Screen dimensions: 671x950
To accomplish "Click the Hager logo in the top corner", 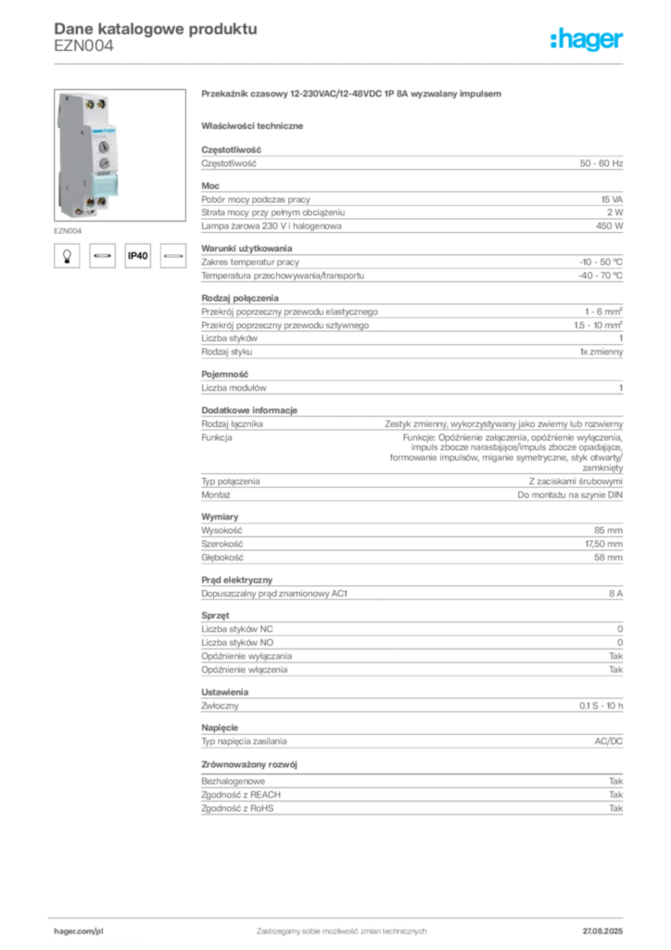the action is (x=586, y=39).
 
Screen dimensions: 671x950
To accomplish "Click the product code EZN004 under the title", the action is (x=83, y=46).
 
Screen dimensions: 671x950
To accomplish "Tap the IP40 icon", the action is (x=137, y=256).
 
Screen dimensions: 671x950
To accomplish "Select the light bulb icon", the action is (x=67, y=256).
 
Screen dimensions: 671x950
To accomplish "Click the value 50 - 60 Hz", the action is (x=601, y=163).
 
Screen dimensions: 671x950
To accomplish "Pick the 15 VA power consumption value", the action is (x=612, y=199).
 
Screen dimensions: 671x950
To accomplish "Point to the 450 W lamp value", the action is (x=609, y=226).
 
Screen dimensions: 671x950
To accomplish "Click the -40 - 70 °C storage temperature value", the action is (x=601, y=276).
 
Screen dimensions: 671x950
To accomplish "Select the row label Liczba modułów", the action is (x=234, y=388).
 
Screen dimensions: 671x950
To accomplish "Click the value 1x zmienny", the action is (x=601, y=352).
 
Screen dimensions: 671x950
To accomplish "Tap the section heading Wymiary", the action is (x=220, y=517).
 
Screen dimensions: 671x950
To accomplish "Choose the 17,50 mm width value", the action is (x=603, y=544).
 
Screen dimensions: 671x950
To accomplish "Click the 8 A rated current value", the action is (x=615, y=594).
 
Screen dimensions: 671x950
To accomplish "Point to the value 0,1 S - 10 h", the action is (x=601, y=706).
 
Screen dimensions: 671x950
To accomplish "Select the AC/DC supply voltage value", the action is (x=608, y=741).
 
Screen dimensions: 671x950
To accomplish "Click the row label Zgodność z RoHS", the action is (x=237, y=808).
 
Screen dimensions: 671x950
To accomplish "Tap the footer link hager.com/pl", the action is (x=79, y=931).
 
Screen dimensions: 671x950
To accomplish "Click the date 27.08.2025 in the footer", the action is (x=602, y=931).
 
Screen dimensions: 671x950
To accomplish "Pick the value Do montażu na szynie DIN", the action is (x=570, y=495).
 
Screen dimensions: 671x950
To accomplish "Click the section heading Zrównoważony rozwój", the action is (x=249, y=764).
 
